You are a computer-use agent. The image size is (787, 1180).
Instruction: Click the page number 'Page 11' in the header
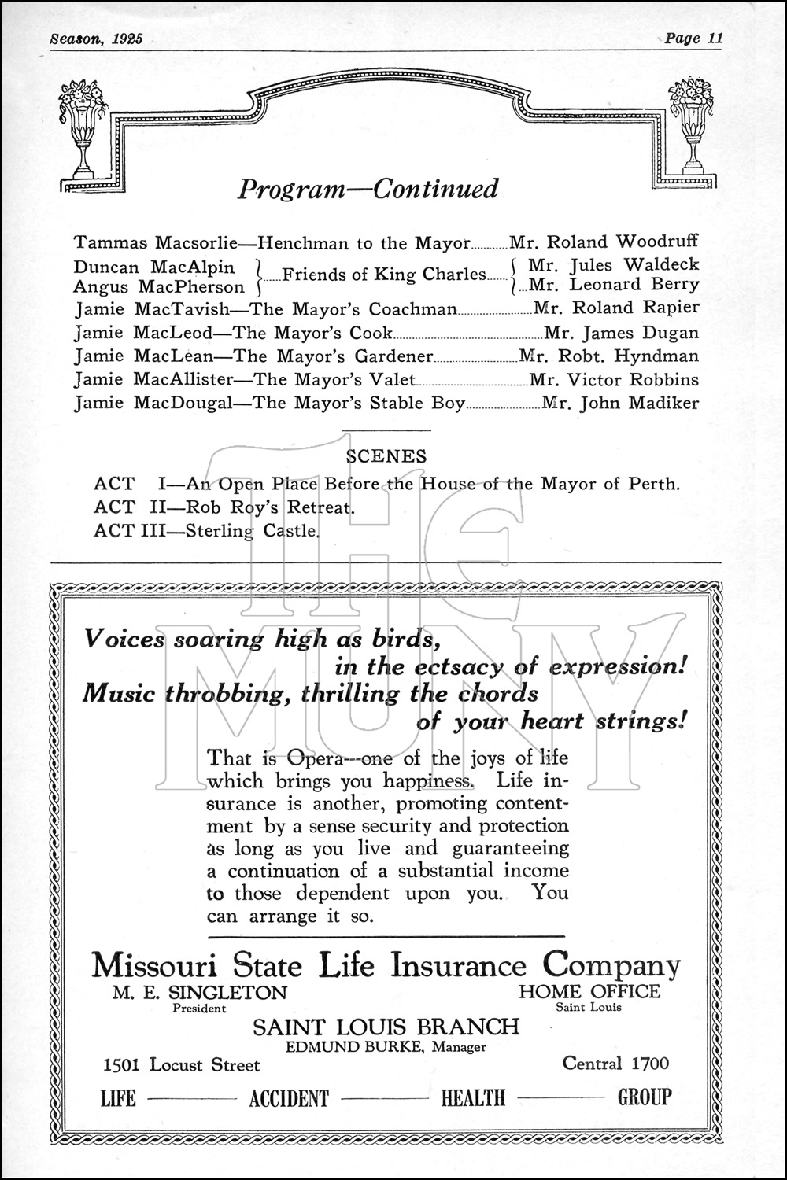pyautogui.click(x=693, y=39)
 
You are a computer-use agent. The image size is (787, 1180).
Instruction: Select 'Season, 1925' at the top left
pyautogui.click(x=96, y=39)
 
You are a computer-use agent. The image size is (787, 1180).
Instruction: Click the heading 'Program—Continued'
pyautogui.click(x=368, y=189)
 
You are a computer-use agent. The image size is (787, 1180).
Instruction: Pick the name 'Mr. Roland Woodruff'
pyautogui.click(x=604, y=242)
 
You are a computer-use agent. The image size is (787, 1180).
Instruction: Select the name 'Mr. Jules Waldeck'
pyautogui.click(x=613, y=265)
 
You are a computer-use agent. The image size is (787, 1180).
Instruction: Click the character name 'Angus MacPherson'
pyautogui.click(x=159, y=287)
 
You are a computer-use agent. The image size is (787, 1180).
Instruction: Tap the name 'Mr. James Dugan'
pyautogui.click(x=621, y=332)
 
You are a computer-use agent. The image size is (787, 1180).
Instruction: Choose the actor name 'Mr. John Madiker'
pyautogui.click(x=620, y=404)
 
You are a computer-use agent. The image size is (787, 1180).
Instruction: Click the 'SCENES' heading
pyautogui.click(x=386, y=456)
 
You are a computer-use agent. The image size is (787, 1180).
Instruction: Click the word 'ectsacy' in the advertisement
pyautogui.click(x=459, y=667)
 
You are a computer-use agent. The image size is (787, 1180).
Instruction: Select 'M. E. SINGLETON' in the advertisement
pyautogui.click(x=199, y=992)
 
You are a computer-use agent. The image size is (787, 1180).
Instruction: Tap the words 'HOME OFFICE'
pyautogui.click(x=589, y=991)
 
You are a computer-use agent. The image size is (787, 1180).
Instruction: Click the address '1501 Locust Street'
pyautogui.click(x=181, y=1065)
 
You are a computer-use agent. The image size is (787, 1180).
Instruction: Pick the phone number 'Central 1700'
pyautogui.click(x=615, y=1064)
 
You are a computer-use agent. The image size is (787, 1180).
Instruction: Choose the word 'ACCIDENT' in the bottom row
pyautogui.click(x=289, y=1098)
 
